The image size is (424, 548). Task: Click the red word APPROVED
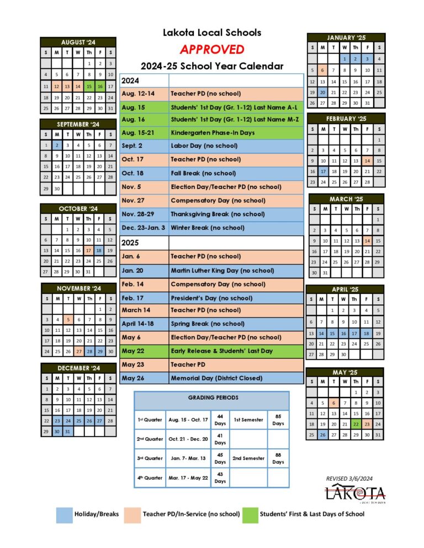click(211, 50)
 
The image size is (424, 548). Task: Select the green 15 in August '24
click(89, 87)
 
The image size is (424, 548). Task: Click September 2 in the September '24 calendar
click(57, 145)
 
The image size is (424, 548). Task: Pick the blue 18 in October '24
click(99, 250)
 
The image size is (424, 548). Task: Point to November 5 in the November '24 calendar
click(67, 319)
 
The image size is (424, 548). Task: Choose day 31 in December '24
click(67, 432)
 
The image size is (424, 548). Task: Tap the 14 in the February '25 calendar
click(368, 160)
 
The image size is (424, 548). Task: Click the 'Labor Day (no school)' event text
click(204, 146)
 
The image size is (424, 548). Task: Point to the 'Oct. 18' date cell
click(132, 173)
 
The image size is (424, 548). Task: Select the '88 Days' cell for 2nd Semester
click(278, 458)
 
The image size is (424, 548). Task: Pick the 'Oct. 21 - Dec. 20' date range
click(189, 439)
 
